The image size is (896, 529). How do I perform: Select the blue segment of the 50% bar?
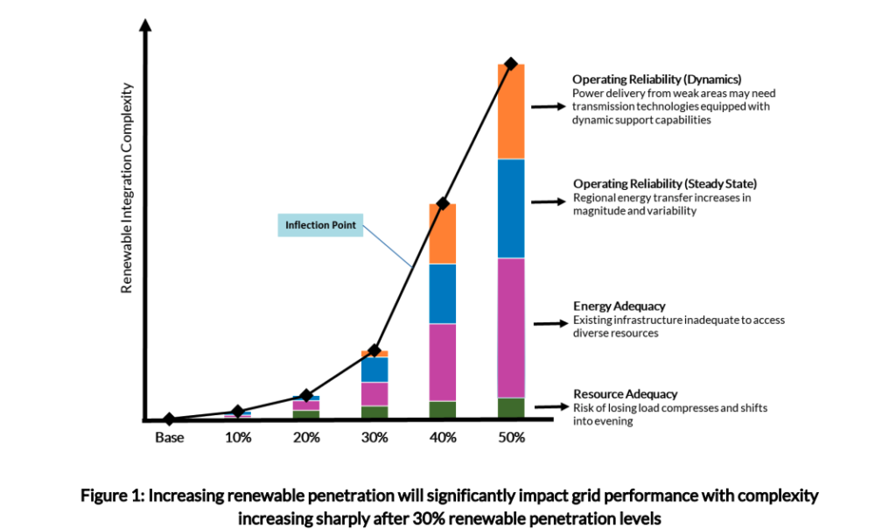511,208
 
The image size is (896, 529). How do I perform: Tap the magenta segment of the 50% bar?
511,328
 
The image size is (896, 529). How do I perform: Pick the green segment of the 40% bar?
443,410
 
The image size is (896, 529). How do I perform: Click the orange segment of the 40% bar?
443,234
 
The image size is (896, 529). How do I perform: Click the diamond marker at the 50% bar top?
511,64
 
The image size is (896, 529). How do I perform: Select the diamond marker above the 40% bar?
443,203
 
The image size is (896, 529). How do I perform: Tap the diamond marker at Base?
170,420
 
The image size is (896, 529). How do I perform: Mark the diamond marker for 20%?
306,396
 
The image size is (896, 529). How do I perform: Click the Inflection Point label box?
320,225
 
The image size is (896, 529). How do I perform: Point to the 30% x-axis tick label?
374,437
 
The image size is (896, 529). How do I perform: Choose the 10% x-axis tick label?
238,437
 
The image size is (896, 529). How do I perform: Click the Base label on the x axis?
170,437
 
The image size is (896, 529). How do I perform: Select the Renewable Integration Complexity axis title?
127,188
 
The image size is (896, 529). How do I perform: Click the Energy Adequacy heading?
619,307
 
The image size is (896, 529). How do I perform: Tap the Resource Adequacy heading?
625,394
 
